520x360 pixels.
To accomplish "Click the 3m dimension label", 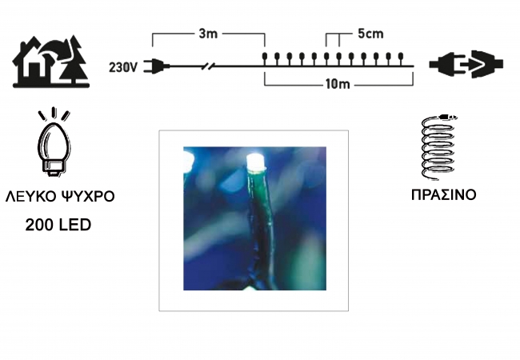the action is point(208,34).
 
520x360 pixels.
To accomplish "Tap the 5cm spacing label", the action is point(370,34).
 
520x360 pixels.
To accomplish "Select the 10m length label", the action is point(338,84).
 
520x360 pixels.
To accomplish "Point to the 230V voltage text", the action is point(122,67).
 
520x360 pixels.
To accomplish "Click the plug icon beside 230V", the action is point(157,66).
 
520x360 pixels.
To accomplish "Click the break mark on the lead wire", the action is point(208,66).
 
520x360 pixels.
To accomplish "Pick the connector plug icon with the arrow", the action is point(466,64).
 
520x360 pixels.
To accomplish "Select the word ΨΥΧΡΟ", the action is point(88,196).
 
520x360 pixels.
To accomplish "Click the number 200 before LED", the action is point(39,225).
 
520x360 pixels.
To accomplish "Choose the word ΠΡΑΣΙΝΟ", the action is point(443,195).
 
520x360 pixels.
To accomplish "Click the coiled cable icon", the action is point(438,147).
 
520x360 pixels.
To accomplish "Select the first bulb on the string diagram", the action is point(265,58).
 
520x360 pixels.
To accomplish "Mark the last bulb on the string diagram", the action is point(401,58).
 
